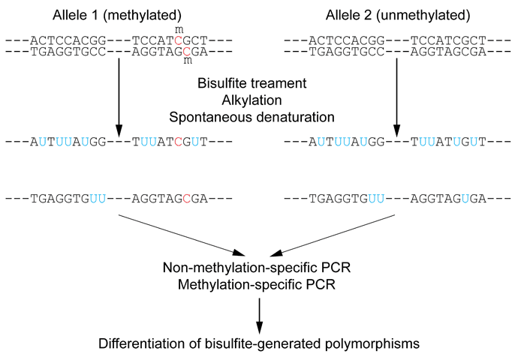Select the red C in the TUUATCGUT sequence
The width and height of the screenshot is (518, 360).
click(x=178, y=141)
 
